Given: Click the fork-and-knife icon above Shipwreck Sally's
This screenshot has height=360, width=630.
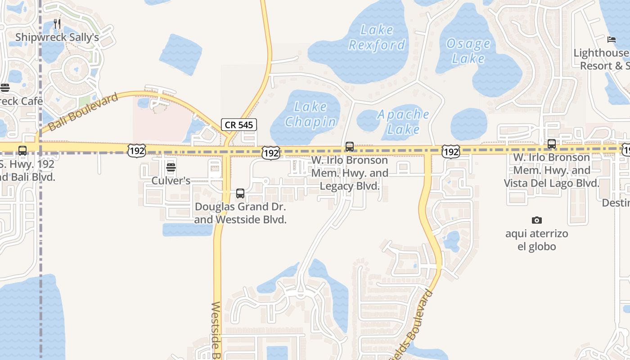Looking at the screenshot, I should click(57, 23).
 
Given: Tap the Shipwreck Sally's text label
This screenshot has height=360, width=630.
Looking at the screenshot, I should click(57, 37).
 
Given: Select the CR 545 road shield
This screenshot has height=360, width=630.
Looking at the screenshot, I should click(239, 125).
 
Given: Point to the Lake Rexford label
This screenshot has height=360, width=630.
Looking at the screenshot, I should click(377, 37).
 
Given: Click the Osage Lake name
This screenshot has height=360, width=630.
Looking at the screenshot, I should click(468, 51).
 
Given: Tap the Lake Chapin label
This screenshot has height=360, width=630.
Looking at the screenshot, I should click(310, 114).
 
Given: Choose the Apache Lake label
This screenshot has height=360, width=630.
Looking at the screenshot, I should click(403, 121).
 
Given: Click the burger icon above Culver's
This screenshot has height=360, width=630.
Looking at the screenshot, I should click(171, 168).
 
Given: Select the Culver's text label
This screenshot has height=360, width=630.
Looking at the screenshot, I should click(171, 181).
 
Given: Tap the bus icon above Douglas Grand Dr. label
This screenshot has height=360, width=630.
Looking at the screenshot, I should click(240, 193).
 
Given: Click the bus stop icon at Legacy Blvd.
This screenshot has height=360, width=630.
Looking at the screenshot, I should click(350, 147).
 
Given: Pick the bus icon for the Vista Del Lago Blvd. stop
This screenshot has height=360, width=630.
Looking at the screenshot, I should click(552, 144).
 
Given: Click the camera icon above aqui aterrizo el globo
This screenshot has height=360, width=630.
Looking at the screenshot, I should click(536, 220).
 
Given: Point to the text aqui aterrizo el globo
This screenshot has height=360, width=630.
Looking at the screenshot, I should click(536, 240).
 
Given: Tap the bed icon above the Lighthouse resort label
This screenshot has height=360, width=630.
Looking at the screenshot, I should click(611, 40).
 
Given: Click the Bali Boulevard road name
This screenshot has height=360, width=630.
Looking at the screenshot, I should click(83, 112).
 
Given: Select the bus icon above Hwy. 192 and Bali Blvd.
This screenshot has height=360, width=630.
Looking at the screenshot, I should click(22, 151).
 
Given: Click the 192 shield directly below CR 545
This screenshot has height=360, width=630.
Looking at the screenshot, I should click(271, 153).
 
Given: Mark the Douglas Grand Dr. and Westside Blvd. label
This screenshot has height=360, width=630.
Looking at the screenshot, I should click(240, 213).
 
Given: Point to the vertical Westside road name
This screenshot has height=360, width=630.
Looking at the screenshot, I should click(216, 331).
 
